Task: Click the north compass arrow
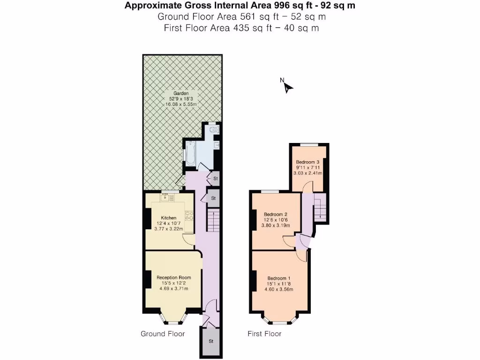point(287,86)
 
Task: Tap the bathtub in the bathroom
point(191,154)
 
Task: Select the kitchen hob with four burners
point(190,216)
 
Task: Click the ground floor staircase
point(213,220)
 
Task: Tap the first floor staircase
point(320,208)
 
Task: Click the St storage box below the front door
point(211,341)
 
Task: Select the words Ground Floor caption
point(163,334)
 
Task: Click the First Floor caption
point(264,334)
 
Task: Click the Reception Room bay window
point(173,321)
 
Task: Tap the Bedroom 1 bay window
point(280,321)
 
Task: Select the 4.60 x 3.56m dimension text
point(280,289)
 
